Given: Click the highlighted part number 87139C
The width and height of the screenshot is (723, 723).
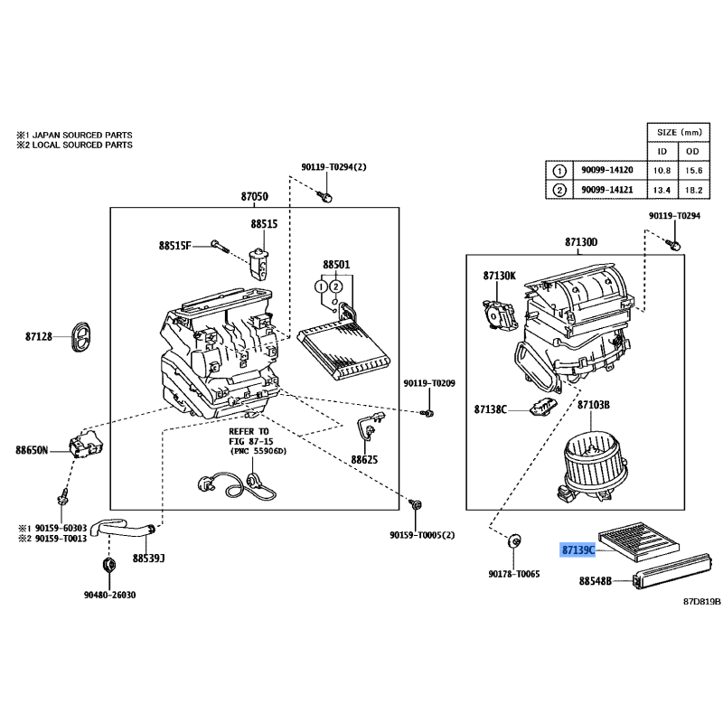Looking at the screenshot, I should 578,549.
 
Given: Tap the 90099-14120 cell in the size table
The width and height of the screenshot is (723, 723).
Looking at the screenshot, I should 606,170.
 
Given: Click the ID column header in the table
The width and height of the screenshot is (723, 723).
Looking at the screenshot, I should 662,150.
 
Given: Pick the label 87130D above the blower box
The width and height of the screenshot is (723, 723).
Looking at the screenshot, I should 581,242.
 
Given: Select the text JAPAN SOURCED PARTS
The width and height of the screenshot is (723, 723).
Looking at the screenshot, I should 82,133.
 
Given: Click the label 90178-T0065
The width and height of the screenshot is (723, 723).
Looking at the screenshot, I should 513,573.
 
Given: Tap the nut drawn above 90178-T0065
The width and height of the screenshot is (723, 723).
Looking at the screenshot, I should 514,541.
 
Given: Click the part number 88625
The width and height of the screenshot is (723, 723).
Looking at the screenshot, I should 365,459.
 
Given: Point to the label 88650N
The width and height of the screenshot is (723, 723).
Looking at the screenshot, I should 31,449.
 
